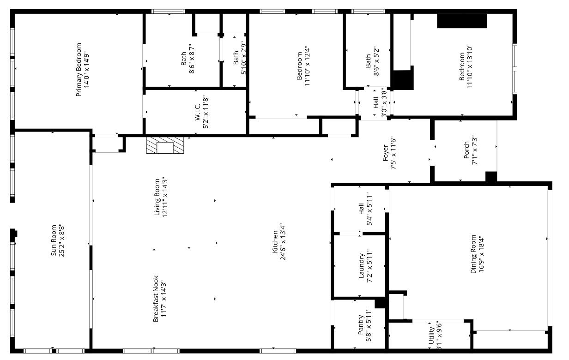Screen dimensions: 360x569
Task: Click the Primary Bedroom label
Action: pos(82,69)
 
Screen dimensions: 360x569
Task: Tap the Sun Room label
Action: pos(57,240)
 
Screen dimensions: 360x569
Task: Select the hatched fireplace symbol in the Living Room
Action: pos(165,145)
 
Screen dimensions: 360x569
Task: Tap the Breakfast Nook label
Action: pos(159,299)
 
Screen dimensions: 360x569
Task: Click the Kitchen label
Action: pos(278,245)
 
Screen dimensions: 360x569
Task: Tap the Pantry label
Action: pos(364,328)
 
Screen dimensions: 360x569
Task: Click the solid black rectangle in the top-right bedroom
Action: pos(462,21)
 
